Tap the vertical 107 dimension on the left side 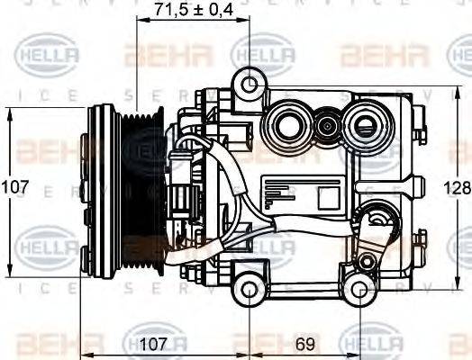tap(14, 188)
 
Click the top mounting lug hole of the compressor tap(250, 86)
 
